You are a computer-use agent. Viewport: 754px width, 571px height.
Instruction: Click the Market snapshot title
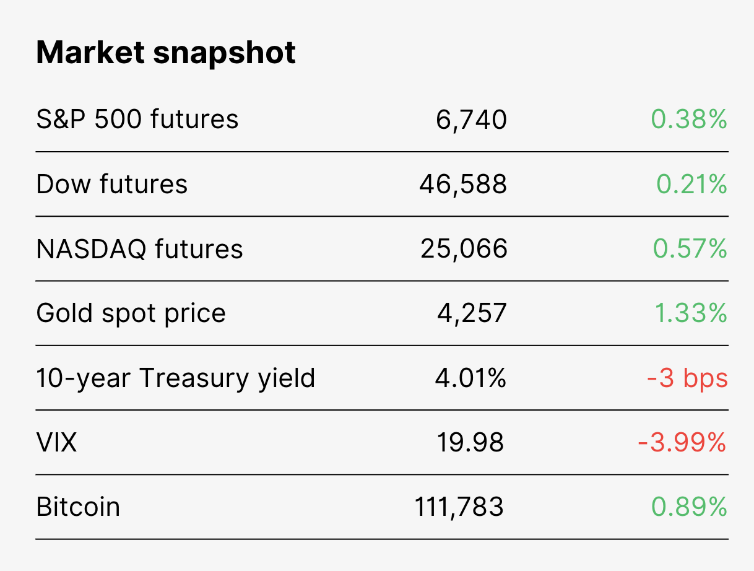coord(165,53)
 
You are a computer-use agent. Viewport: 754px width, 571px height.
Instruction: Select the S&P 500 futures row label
coord(137,119)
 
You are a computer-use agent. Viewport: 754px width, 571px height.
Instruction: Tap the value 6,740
coord(471,120)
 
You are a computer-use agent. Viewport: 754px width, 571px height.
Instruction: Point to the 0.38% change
coord(689,119)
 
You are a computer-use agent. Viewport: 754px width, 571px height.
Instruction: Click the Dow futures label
coord(111,184)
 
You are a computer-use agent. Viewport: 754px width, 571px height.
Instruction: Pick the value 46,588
coord(463,185)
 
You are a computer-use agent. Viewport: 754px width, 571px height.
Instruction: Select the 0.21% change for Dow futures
coord(691,184)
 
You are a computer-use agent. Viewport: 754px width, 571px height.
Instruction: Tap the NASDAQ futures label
coord(139,249)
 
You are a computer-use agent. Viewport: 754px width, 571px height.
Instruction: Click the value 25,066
coord(464,249)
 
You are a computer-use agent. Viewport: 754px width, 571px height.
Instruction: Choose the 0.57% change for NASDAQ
coord(690,248)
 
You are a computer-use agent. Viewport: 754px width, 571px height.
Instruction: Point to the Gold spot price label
coord(131,314)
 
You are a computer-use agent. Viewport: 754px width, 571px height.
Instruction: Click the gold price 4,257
coord(472,313)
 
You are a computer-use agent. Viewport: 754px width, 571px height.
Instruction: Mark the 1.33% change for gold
coord(691,313)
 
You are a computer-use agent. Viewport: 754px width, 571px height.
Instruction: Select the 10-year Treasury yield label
coord(176,378)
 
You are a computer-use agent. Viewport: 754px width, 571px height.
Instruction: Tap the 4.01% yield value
coord(470,378)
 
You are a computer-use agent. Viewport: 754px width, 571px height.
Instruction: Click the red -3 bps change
coord(687,378)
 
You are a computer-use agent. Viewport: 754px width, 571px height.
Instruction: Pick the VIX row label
coord(56,442)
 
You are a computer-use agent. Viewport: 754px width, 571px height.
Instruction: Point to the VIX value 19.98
coord(470,442)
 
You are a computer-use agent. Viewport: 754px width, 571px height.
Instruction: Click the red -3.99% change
coord(682,442)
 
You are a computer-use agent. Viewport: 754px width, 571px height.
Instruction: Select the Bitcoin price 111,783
coord(459,507)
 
